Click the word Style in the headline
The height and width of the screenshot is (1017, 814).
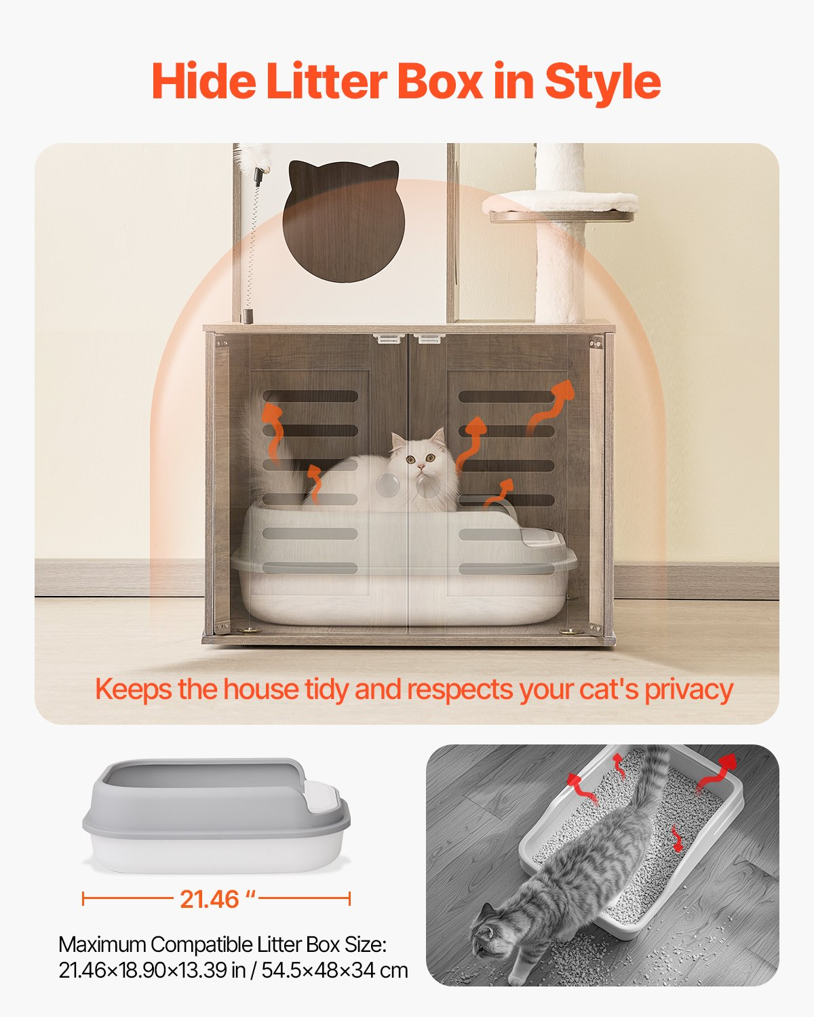pos(602,82)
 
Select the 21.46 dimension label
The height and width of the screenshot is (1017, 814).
pos(216,899)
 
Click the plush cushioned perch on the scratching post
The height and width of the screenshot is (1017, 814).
pos(560,202)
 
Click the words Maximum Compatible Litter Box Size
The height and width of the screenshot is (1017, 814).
pos(222,944)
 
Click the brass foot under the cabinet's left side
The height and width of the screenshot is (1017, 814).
pos(249,631)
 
